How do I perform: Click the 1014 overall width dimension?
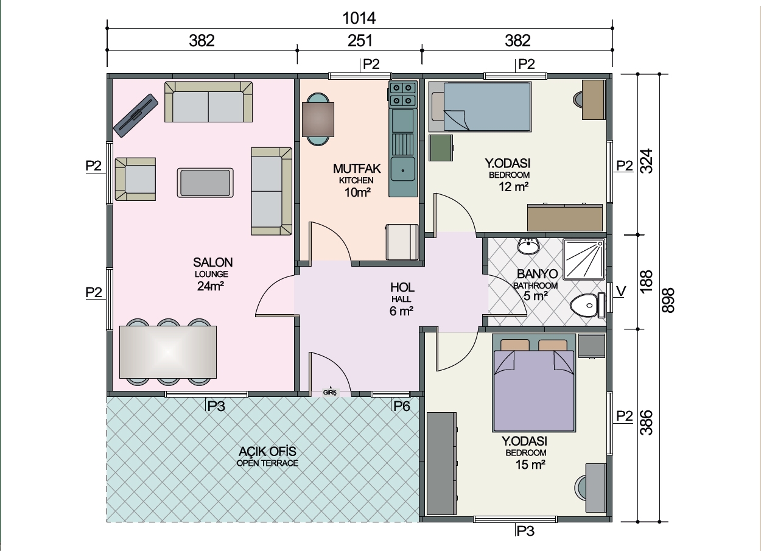pyautogui.click(x=359, y=18)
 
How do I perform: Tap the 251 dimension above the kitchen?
pyautogui.click(x=360, y=41)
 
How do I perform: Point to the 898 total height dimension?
pyautogui.click(x=668, y=300)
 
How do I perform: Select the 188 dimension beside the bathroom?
pyautogui.click(x=646, y=281)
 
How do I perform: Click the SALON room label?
pyautogui.click(x=213, y=262)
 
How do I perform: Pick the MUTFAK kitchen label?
pyautogui.click(x=357, y=169)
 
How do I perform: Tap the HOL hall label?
pyautogui.click(x=402, y=288)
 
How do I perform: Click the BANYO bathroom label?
pyautogui.click(x=537, y=274)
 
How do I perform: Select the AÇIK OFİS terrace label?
pyautogui.click(x=267, y=452)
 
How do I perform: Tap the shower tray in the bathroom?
pyautogui.click(x=584, y=259)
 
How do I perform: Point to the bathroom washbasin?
pyautogui.click(x=528, y=245)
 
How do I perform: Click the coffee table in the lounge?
pyautogui.click(x=205, y=183)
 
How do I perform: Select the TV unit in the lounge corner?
pyautogui.click(x=136, y=116)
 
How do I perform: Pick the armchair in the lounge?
pyautogui.click(x=135, y=179)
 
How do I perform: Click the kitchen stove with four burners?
pyautogui.click(x=403, y=94)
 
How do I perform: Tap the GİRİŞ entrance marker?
pyautogui.click(x=330, y=392)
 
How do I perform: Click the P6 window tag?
pyautogui.click(x=402, y=406)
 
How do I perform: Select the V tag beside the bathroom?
pyautogui.click(x=621, y=291)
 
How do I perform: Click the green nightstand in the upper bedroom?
pyautogui.click(x=441, y=148)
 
